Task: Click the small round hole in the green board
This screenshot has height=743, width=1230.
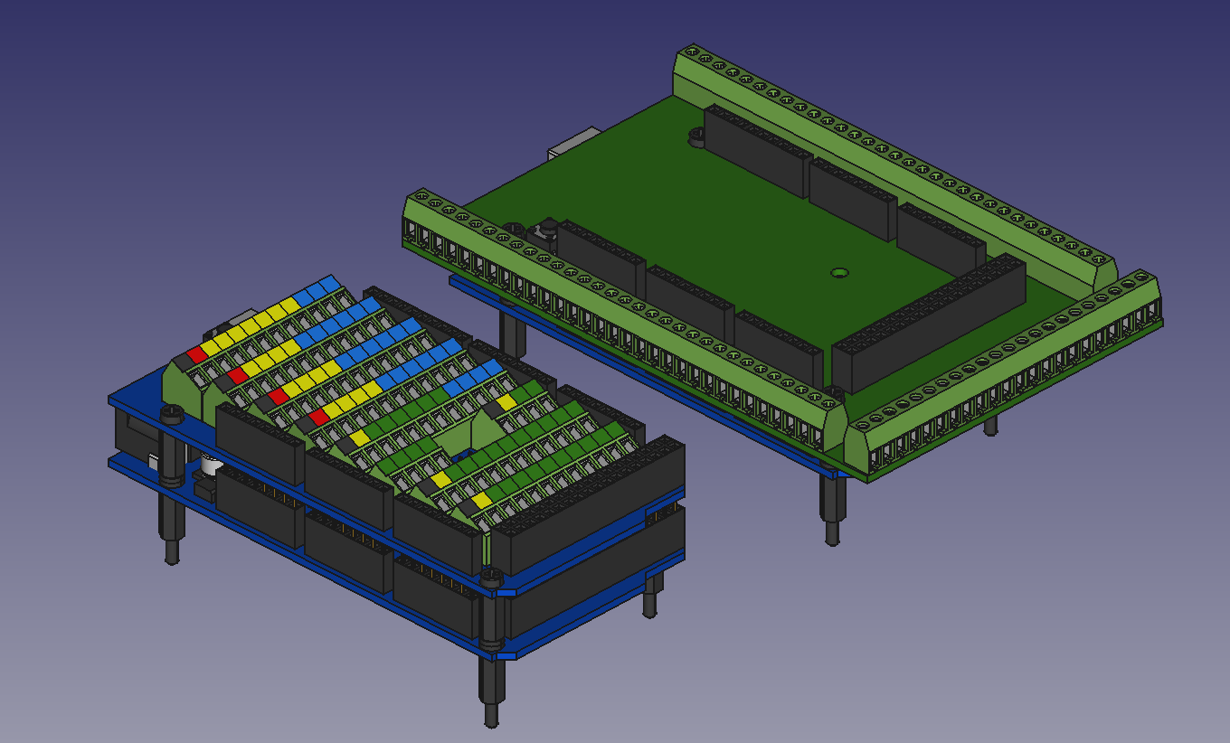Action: pos(839,272)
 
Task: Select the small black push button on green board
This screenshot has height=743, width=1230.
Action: pos(547,230)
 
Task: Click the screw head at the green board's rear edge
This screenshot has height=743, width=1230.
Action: pos(696,136)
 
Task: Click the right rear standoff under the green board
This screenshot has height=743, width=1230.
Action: pos(991,424)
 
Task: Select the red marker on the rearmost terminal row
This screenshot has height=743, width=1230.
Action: pos(196,354)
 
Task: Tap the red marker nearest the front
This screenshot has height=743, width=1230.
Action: pos(317,416)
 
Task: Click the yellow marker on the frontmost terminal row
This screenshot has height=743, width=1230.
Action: pos(481,500)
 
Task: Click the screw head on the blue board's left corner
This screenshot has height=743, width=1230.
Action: pos(171,413)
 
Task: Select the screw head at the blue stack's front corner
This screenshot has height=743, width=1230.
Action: pos(491,575)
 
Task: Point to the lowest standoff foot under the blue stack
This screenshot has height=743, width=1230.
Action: pos(491,714)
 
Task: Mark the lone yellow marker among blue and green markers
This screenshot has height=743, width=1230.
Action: pos(506,401)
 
